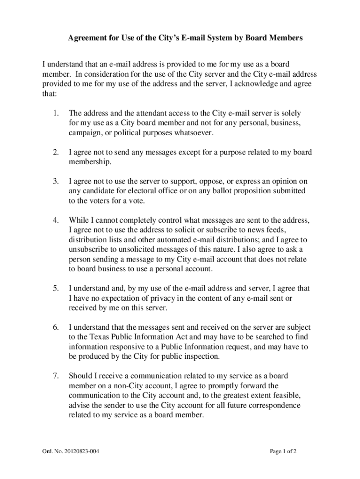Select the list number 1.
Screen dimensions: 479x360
pos(56,113)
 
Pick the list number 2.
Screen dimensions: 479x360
pos(56,152)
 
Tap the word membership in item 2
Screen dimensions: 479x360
pos(90,162)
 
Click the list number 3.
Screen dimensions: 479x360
pos(56,181)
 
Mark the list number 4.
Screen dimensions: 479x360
pos(56,220)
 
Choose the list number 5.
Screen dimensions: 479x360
pos(56,289)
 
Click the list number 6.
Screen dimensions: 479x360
pos(56,327)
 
